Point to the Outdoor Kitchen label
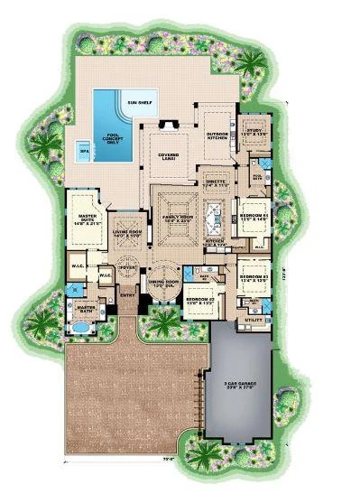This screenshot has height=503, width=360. tap(217, 137)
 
